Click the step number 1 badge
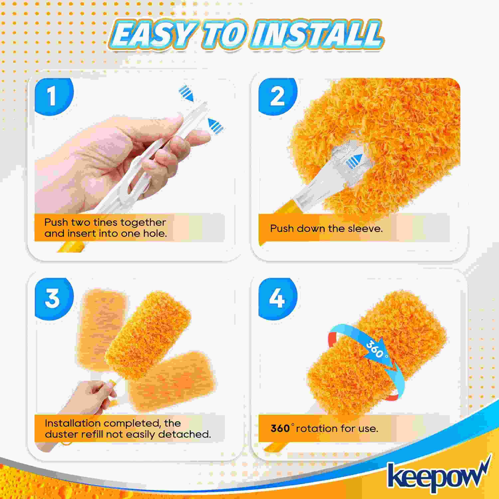point(54,96)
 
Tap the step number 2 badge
point(278,96)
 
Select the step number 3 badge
point(54,299)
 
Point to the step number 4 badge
point(278,299)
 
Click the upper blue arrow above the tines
point(186,93)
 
